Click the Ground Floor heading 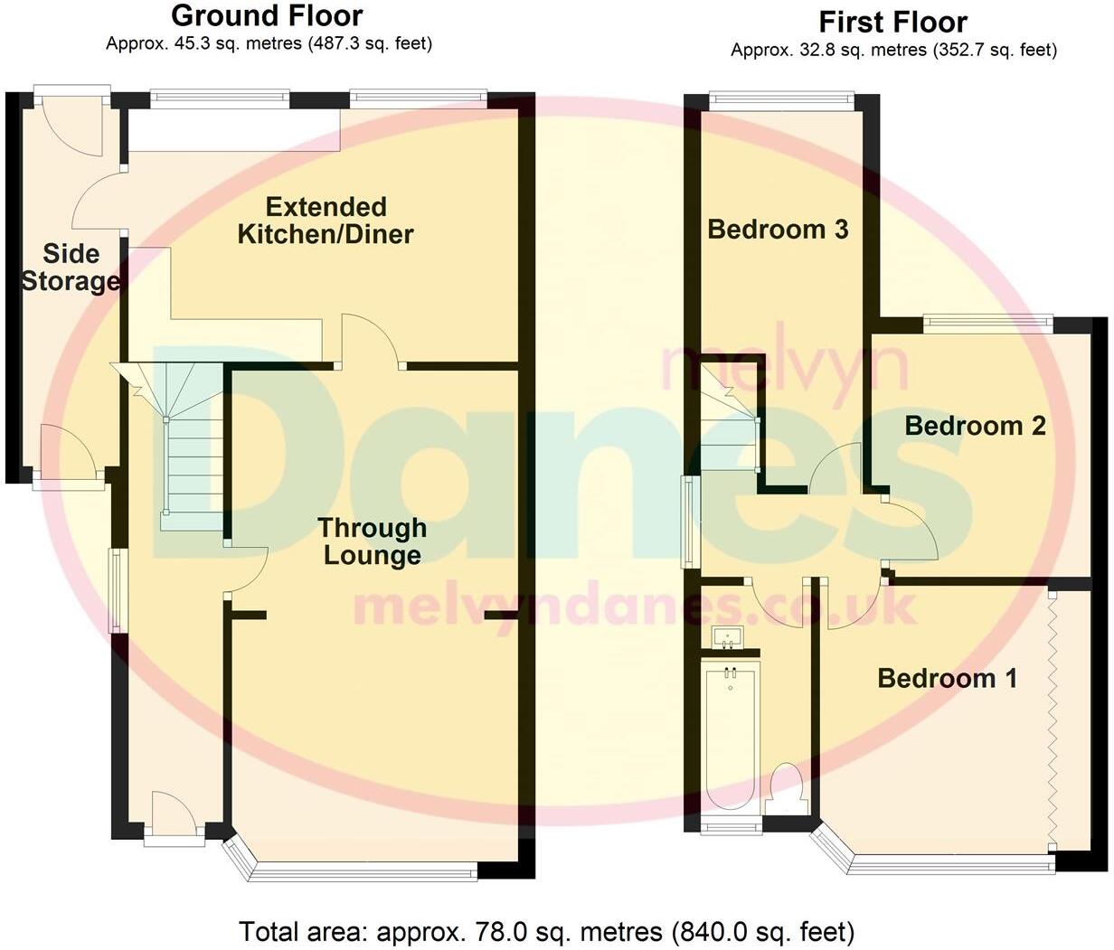tap(267, 15)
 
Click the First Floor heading tap(892, 22)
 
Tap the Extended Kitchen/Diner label tap(326, 221)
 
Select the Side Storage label tap(70, 268)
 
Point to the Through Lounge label tap(372, 541)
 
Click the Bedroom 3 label tap(778, 230)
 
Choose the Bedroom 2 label tap(975, 425)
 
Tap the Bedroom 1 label tap(947, 678)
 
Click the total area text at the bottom tap(546, 931)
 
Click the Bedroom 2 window tap(987, 320)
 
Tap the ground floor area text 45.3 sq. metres tap(269, 43)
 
